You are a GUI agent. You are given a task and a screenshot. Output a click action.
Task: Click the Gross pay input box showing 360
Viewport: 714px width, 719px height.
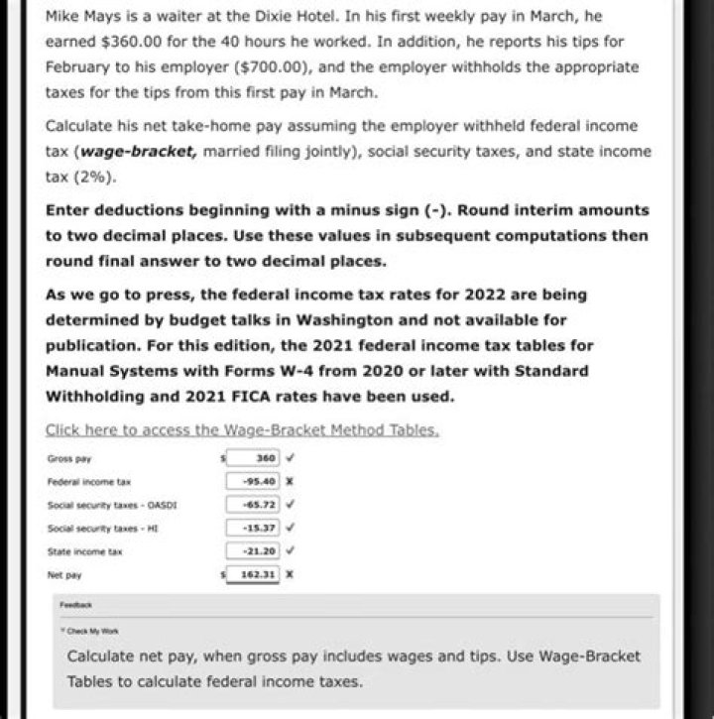254,458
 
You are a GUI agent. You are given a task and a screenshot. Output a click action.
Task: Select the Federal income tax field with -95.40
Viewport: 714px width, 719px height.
254,481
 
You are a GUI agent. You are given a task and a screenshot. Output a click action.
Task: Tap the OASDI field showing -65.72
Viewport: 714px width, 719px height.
254,504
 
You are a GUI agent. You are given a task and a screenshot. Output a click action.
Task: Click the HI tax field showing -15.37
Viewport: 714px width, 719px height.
254,527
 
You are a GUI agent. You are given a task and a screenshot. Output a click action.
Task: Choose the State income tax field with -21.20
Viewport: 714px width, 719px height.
254,549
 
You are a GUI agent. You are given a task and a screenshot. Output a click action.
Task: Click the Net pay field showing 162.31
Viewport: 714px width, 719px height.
254,573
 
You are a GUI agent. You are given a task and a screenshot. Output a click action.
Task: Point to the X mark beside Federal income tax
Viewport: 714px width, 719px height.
289,481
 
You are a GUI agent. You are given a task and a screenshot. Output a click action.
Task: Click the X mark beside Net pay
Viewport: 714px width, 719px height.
289,573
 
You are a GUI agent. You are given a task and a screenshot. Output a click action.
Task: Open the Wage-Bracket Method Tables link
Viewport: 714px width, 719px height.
242,430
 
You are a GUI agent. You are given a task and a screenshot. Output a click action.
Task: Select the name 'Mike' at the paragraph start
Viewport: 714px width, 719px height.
61,18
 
